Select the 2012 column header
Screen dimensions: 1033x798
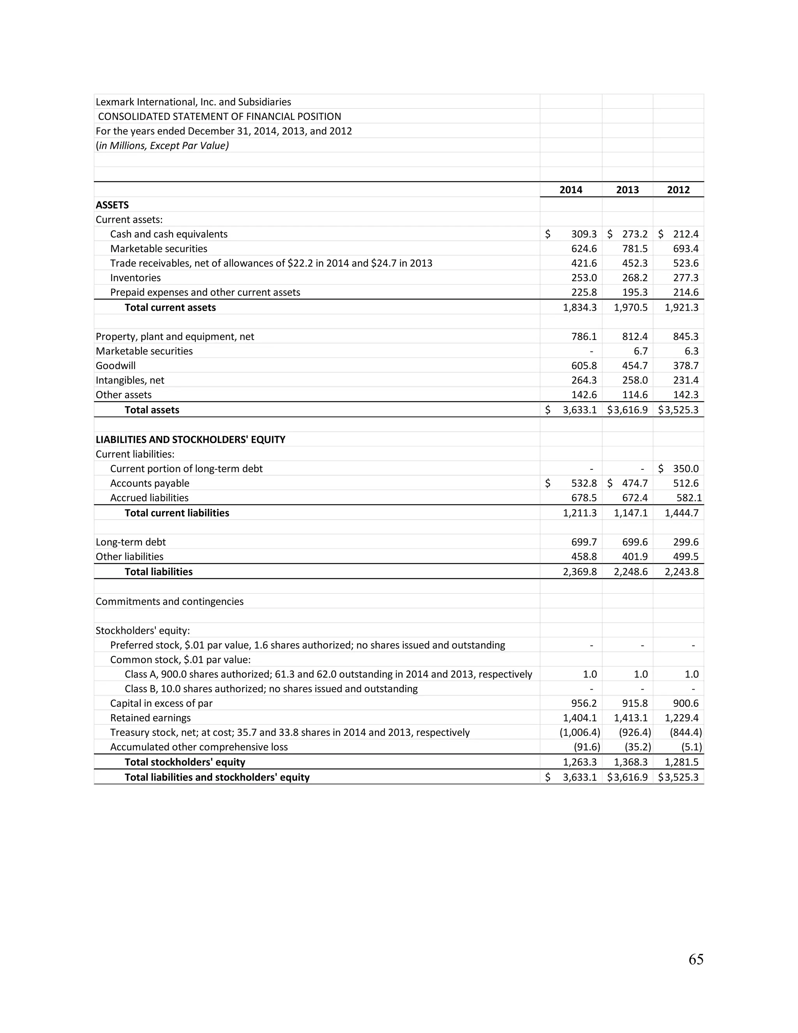(x=678, y=190)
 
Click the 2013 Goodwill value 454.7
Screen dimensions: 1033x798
(x=634, y=366)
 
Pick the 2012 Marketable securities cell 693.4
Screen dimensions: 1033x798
(x=685, y=249)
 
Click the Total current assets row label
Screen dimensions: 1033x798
(x=170, y=308)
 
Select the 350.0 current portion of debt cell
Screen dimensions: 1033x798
(x=685, y=469)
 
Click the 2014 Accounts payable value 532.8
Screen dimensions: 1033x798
(x=583, y=483)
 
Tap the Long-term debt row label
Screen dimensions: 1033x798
(x=131, y=542)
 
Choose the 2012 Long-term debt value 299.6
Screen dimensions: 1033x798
(x=685, y=542)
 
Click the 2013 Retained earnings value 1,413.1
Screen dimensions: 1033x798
(x=631, y=718)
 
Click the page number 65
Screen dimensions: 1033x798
(x=696, y=959)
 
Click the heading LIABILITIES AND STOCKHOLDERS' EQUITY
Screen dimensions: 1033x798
(x=190, y=439)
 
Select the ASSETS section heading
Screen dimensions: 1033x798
(x=112, y=205)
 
